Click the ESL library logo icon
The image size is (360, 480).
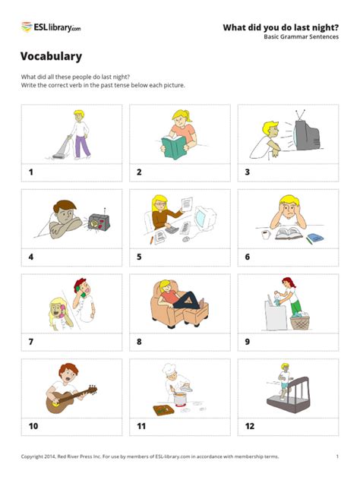pyautogui.click(x=27, y=27)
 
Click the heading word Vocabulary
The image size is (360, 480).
pyautogui.click(x=51, y=56)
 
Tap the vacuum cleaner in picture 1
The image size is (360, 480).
pyautogui.click(x=61, y=148)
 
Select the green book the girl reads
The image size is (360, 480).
pyautogui.click(x=174, y=147)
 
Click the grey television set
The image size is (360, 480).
pyautogui.click(x=306, y=135)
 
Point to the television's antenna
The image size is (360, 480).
pyautogui.click(x=300, y=115)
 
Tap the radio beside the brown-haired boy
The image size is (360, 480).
pyautogui.click(x=99, y=221)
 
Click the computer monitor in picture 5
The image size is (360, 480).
pyautogui.click(x=204, y=218)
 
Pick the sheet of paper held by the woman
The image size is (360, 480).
pyautogui.click(x=187, y=204)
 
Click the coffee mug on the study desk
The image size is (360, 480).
pyautogui.click(x=266, y=235)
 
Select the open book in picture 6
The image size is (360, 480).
pyautogui.click(x=289, y=233)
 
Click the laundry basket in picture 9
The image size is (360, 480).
pyautogui.click(x=300, y=322)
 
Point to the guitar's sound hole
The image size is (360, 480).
pyautogui.click(x=55, y=404)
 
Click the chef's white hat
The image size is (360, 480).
pyautogui.click(x=169, y=368)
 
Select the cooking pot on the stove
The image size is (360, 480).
pyautogui.click(x=180, y=398)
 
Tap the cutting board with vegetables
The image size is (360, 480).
pyautogui.click(x=163, y=410)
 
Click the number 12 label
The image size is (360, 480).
pyautogui.click(x=250, y=426)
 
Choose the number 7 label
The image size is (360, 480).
pyautogui.click(x=31, y=342)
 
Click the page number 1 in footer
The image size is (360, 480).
pyautogui.click(x=337, y=456)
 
